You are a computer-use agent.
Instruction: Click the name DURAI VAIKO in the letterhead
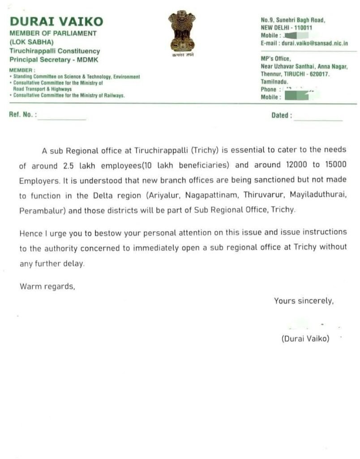point(56,21)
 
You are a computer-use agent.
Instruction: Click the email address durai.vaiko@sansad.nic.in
point(314,43)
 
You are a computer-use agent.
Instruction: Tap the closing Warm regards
point(47,286)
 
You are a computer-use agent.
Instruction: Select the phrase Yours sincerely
point(304,301)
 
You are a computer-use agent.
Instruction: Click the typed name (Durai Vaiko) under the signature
point(305,339)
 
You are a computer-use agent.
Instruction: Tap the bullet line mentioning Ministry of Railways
point(69,95)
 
